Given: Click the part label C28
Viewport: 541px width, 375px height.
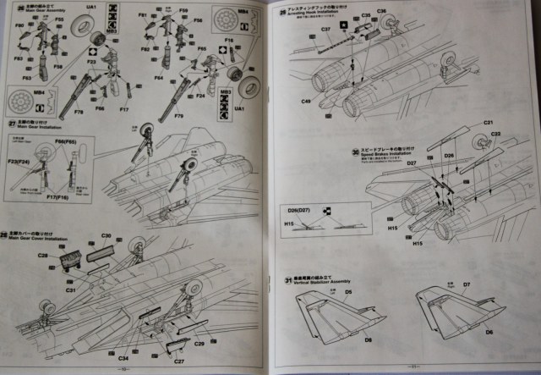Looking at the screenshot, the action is (42, 256).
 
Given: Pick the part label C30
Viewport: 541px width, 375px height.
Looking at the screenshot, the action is (107, 235).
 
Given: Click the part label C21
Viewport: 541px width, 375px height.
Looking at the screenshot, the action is (488, 124).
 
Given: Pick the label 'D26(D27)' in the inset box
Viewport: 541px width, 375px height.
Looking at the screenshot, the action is (298, 208).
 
